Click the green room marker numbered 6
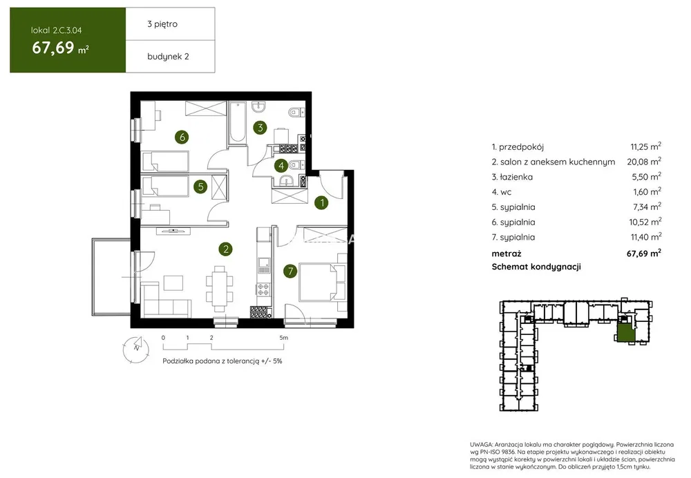pyautogui.click(x=182, y=137)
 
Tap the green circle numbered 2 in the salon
pyautogui.click(x=226, y=249)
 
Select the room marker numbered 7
pyautogui.click(x=290, y=271)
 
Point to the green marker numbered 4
pyautogui.click(x=281, y=166)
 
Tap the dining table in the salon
pyautogui.click(x=220, y=287)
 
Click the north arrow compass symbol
pyautogui.click(x=135, y=349)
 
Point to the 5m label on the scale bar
pyautogui.click(x=283, y=338)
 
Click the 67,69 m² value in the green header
pyautogui.click(x=60, y=48)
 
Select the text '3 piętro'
pyautogui.click(x=162, y=24)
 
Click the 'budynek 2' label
pyautogui.click(x=168, y=57)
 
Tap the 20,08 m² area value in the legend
pyautogui.click(x=644, y=161)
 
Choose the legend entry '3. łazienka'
pyautogui.click(x=512, y=177)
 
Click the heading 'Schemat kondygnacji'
pyautogui.click(x=536, y=267)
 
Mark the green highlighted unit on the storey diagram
pyautogui.click(x=625, y=332)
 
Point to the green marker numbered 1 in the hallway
pyautogui.click(x=322, y=202)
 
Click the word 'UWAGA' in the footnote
pyautogui.click(x=481, y=445)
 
